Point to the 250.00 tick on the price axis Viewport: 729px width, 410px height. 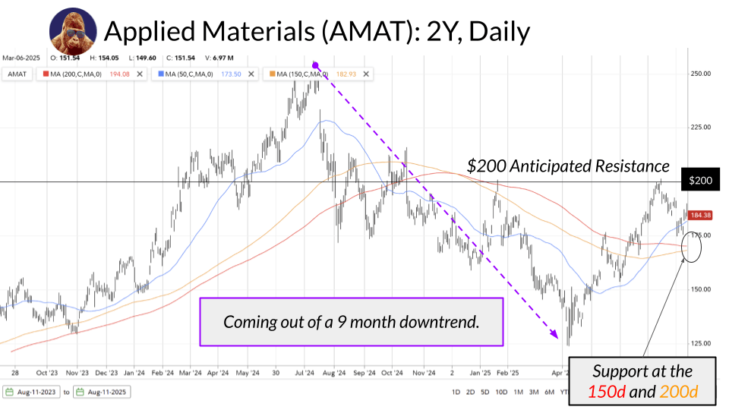pos(700,74)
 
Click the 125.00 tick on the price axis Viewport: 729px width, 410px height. pos(700,343)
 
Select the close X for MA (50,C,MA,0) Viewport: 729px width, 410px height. pos(251,74)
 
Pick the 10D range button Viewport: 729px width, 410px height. pos(501,392)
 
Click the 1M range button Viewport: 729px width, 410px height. pos(518,392)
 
